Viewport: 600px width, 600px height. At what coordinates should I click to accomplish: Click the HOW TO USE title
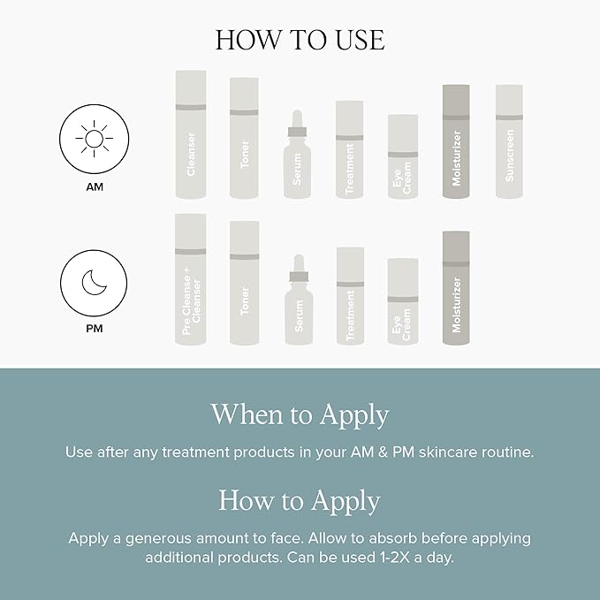pyautogui.click(x=300, y=41)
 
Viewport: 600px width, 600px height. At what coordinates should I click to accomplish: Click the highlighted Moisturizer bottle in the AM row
pyautogui.click(x=455, y=141)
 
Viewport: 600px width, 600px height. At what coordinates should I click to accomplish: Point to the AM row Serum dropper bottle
pyautogui.click(x=298, y=159)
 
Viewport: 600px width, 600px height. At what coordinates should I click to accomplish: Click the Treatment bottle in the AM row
pyautogui.click(x=350, y=150)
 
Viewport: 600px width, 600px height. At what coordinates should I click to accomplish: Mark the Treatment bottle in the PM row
pyautogui.click(x=350, y=296)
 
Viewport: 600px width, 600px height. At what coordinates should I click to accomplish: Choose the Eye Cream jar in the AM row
pyautogui.click(x=403, y=157)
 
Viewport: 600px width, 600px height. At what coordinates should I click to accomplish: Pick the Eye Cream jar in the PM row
pyautogui.click(x=403, y=301)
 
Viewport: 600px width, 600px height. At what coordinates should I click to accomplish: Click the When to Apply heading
pyautogui.click(x=300, y=414)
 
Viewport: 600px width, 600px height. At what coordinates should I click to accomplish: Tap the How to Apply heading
pyautogui.click(x=300, y=501)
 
